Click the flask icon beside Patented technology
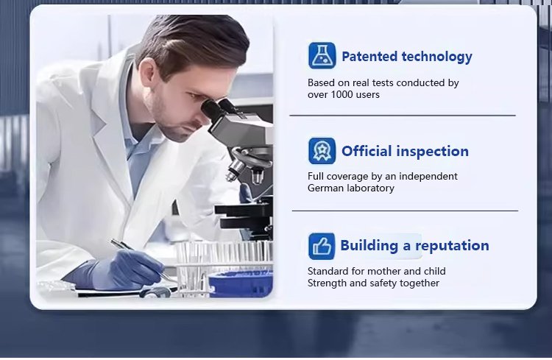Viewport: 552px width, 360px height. (322, 56)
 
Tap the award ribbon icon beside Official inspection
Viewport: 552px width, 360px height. (322, 151)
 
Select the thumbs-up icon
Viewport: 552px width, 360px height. (322, 246)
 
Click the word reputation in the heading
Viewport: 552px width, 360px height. (452, 246)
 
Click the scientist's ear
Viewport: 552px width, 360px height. (147, 71)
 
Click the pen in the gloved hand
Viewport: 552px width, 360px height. (143, 259)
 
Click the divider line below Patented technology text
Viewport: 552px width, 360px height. (403, 115)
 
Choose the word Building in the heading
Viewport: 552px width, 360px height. (369, 246)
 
